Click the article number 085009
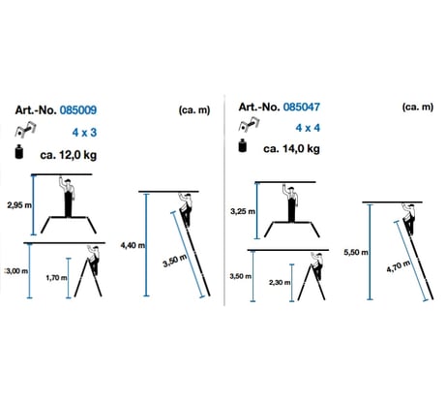click(78, 110)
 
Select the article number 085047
click(302, 107)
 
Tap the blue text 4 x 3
click(84, 133)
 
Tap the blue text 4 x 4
click(308, 128)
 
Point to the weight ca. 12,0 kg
click(69, 155)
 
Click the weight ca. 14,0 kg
click(291, 149)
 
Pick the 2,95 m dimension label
click(19, 205)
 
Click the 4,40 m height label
click(133, 245)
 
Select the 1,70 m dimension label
click(57, 278)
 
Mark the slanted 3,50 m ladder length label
click(175, 261)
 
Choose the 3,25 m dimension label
click(243, 212)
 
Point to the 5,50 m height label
click(356, 252)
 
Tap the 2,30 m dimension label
click(280, 283)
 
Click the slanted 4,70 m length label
click(399, 266)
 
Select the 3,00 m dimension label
click(16, 271)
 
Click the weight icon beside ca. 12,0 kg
click(19, 152)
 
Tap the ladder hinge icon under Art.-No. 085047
click(249, 125)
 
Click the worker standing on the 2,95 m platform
click(68, 198)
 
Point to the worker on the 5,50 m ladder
click(409, 219)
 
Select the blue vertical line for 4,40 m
click(147, 244)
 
